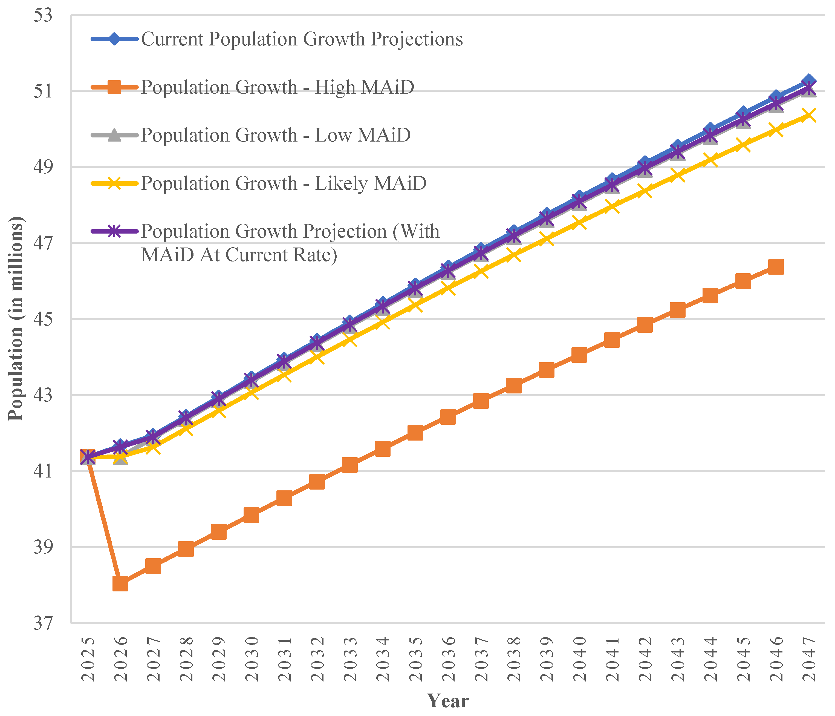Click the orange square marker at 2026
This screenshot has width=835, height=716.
[120, 584]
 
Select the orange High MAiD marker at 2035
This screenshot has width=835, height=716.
[415, 433]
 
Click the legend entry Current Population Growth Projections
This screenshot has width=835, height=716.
[301, 39]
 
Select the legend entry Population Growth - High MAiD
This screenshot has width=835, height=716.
[277, 87]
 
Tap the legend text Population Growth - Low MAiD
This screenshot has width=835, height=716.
[276, 135]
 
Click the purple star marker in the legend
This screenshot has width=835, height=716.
[115, 231]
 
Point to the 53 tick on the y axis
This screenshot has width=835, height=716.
[43, 16]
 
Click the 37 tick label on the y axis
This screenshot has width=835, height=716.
[43, 623]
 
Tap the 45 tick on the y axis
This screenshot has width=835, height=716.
[43, 319]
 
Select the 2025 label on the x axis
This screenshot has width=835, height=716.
[88, 659]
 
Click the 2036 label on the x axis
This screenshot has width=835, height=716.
[448, 659]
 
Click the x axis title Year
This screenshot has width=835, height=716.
[448, 701]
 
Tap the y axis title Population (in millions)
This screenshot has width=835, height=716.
[16, 318]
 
